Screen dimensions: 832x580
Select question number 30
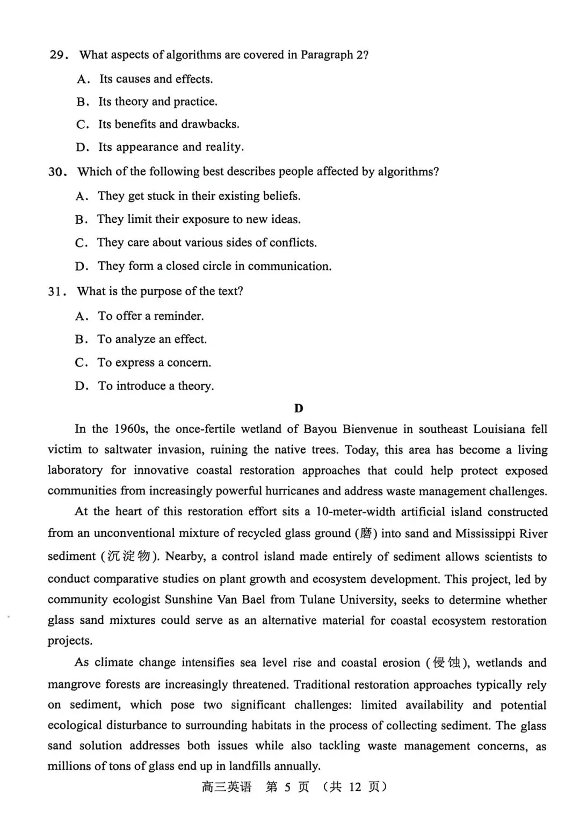(x=56, y=172)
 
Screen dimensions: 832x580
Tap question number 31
(x=56, y=291)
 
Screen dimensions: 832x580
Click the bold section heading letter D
(x=299, y=408)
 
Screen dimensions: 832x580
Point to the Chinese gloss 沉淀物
(x=128, y=556)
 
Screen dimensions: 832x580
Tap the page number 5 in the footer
(x=287, y=787)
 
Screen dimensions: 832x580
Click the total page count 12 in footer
(x=355, y=787)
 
